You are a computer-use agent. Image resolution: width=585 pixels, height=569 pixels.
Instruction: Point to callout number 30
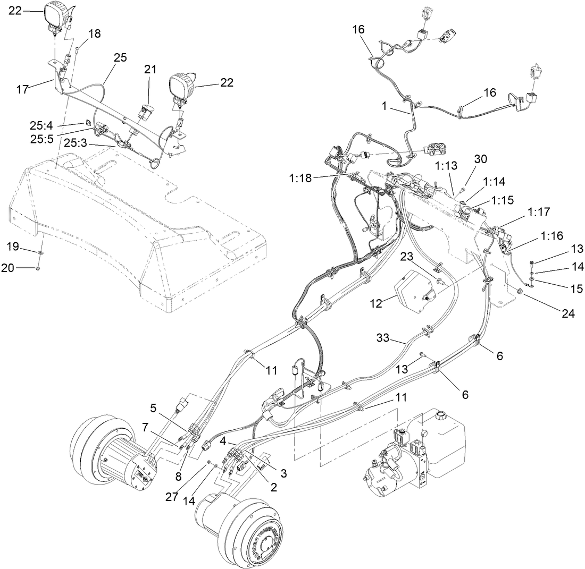tap(481, 159)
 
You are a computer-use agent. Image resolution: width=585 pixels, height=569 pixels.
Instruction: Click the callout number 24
tap(568, 314)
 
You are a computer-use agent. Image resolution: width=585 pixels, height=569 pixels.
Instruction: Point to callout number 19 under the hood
tap(12, 246)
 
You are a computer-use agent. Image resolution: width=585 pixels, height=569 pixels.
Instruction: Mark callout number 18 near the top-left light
tap(94, 34)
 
